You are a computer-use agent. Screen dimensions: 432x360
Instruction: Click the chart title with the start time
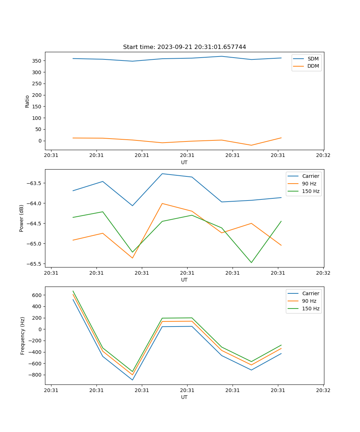(184, 47)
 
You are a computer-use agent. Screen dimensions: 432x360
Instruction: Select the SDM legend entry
(313, 59)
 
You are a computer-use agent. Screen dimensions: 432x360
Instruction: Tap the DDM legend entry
(313, 66)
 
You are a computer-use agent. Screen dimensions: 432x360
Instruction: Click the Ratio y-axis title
(27, 101)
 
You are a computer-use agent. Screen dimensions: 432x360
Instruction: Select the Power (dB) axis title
(22, 218)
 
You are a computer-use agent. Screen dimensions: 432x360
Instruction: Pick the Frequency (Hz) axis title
(22, 336)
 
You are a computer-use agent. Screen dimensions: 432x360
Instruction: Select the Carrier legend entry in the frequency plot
(310, 293)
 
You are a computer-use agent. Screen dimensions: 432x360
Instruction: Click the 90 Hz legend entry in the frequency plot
(310, 301)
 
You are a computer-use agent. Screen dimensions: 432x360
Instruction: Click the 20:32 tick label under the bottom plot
(323, 390)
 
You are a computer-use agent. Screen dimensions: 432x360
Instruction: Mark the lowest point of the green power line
(251, 262)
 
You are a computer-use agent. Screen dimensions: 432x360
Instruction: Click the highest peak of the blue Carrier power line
(162, 174)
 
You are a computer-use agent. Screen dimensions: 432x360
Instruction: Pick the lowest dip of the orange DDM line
(251, 145)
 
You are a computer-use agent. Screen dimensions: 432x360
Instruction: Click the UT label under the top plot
(184, 162)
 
